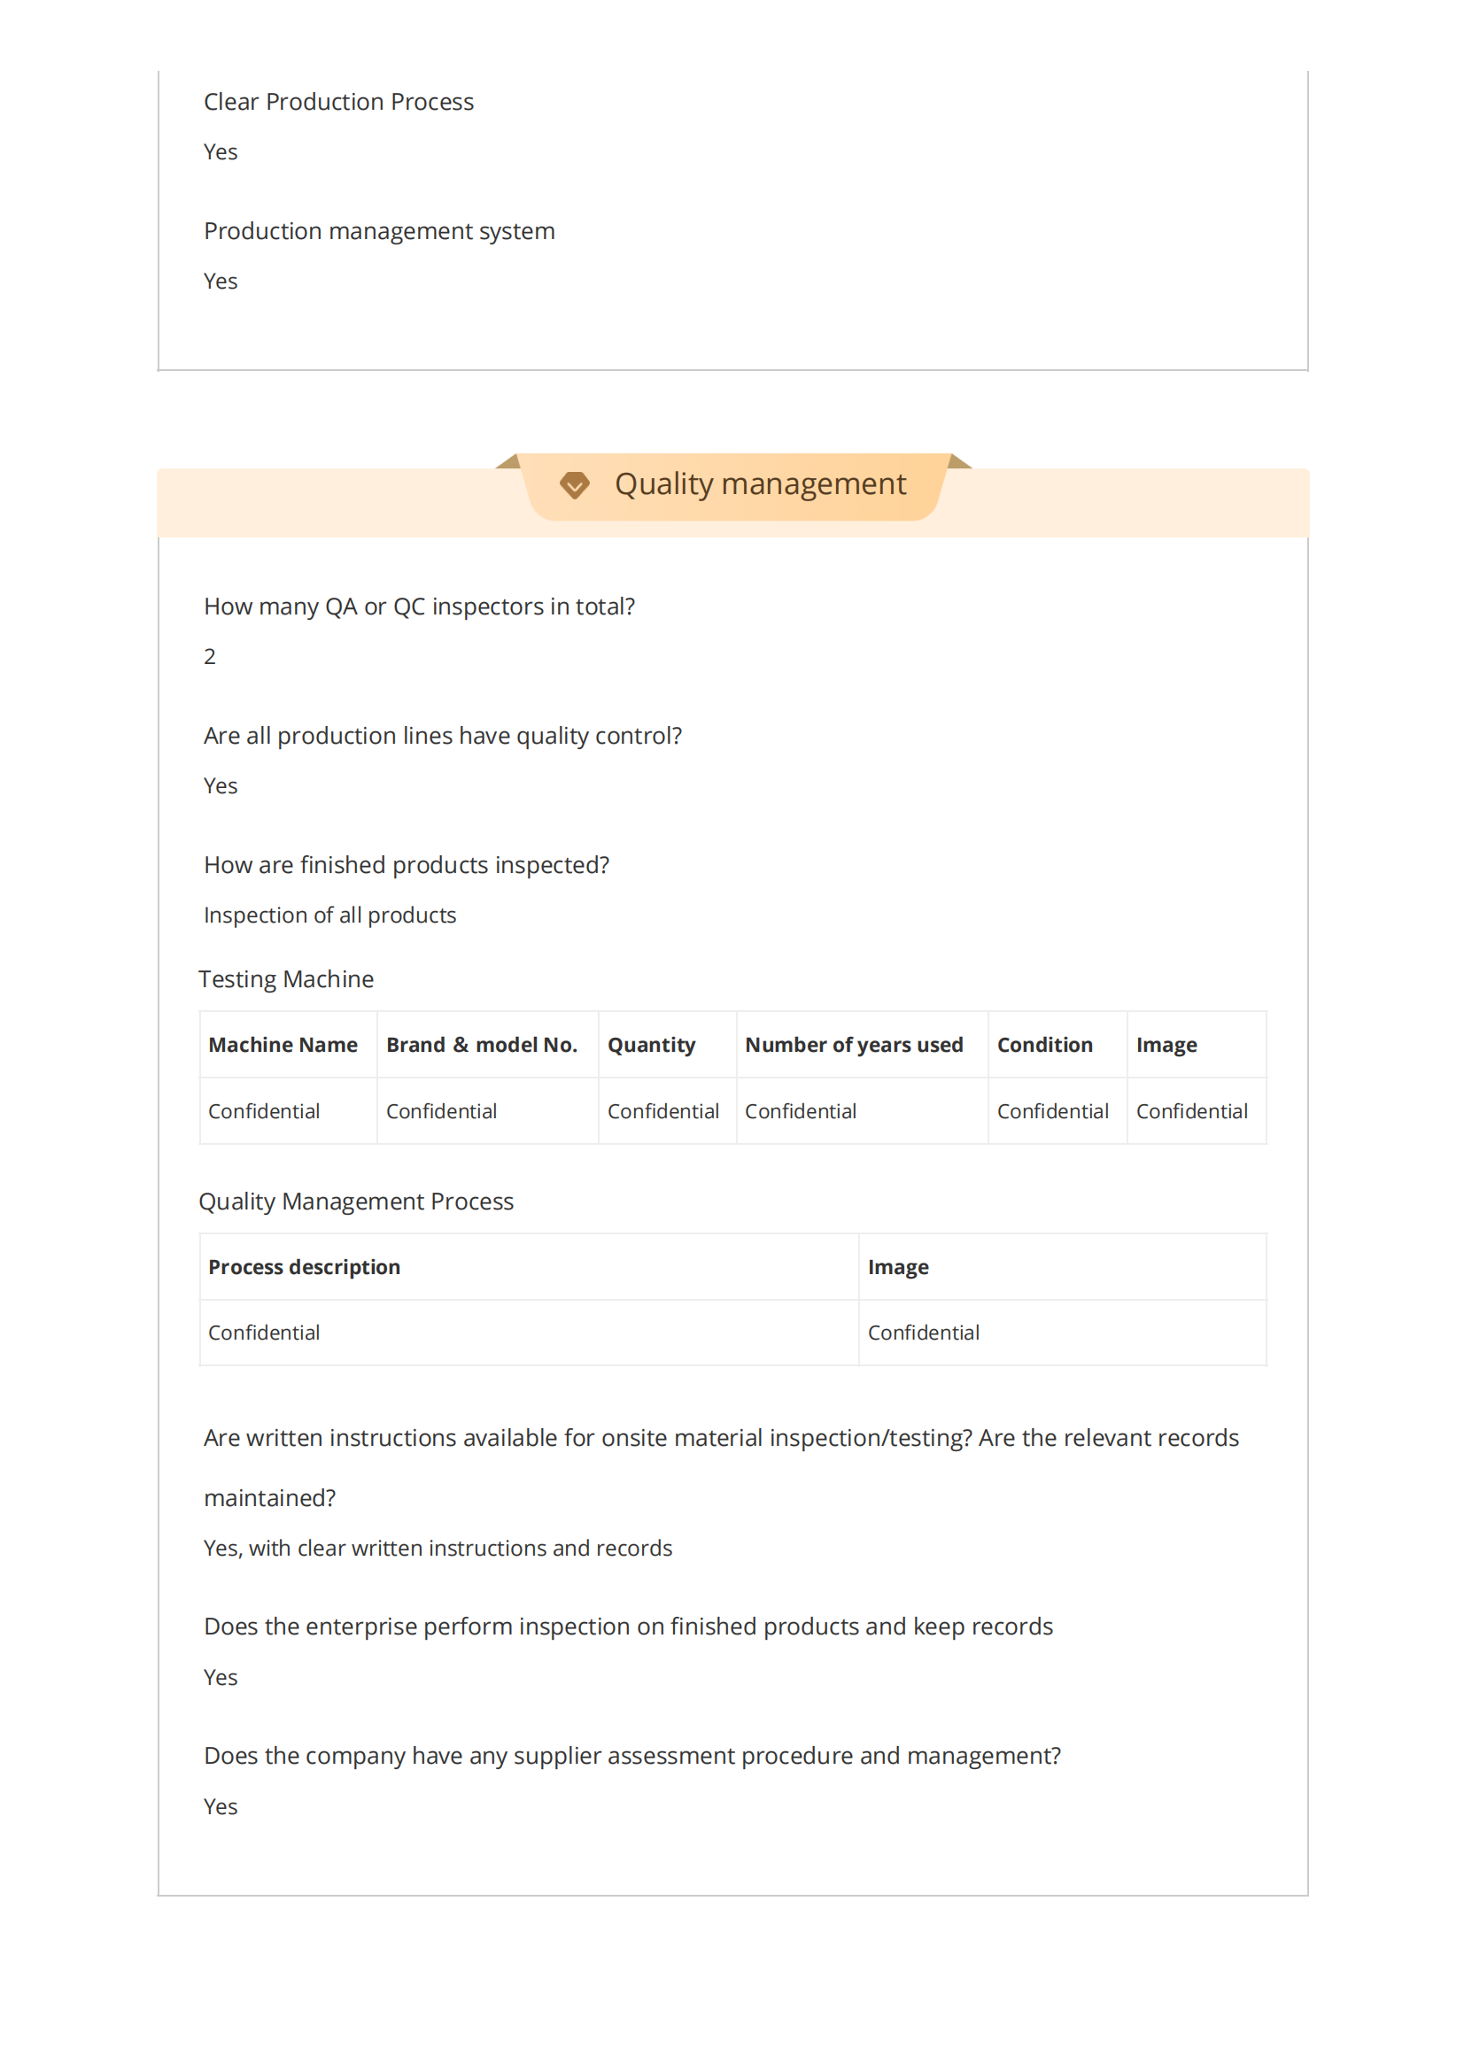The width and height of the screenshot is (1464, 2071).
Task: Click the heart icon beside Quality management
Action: [x=574, y=484]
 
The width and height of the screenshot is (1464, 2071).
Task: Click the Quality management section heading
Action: [x=760, y=484]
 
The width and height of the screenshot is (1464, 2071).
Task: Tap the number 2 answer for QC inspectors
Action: [x=209, y=657]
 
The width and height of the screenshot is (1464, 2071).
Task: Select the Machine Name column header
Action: [x=283, y=1045]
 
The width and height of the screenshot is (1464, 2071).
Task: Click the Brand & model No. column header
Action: [x=481, y=1045]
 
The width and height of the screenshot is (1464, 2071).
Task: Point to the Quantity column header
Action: [x=651, y=1045]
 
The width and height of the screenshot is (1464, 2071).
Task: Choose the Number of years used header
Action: [x=853, y=1045]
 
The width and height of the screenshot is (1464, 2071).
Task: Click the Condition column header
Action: [x=1044, y=1045]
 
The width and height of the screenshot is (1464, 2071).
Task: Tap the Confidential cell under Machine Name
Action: [x=263, y=1111]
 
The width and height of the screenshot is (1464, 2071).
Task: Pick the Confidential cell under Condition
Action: [x=1053, y=1111]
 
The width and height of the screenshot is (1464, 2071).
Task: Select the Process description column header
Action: [x=304, y=1267]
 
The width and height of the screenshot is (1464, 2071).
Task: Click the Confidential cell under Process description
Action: [x=263, y=1333]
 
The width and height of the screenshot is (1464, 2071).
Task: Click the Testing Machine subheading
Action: [x=286, y=979]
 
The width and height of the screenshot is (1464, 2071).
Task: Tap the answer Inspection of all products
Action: [x=329, y=916]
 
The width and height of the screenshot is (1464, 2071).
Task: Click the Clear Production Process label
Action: [x=338, y=102]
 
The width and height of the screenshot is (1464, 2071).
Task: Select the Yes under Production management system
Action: [x=221, y=282]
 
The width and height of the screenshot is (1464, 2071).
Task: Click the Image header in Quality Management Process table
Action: [x=897, y=1267]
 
